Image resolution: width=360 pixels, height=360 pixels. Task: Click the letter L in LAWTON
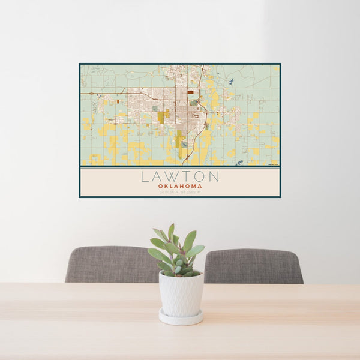(x=145, y=177)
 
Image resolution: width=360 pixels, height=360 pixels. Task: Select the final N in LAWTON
(x=214, y=177)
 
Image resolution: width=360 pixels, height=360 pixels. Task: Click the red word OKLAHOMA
(x=180, y=187)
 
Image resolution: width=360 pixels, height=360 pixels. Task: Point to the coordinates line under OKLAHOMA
(x=180, y=192)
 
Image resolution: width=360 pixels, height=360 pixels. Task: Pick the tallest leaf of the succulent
(x=171, y=230)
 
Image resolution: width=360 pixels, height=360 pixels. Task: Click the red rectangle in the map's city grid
(x=191, y=92)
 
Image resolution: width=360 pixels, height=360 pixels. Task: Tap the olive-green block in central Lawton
(x=163, y=115)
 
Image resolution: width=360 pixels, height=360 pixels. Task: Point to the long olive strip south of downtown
(x=180, y=141)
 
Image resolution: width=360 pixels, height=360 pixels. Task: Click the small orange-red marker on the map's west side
(x=118, y=101)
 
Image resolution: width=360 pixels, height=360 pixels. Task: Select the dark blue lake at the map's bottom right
(x=239, y=163)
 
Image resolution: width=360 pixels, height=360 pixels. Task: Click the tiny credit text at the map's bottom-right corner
(x=273, y=163)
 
